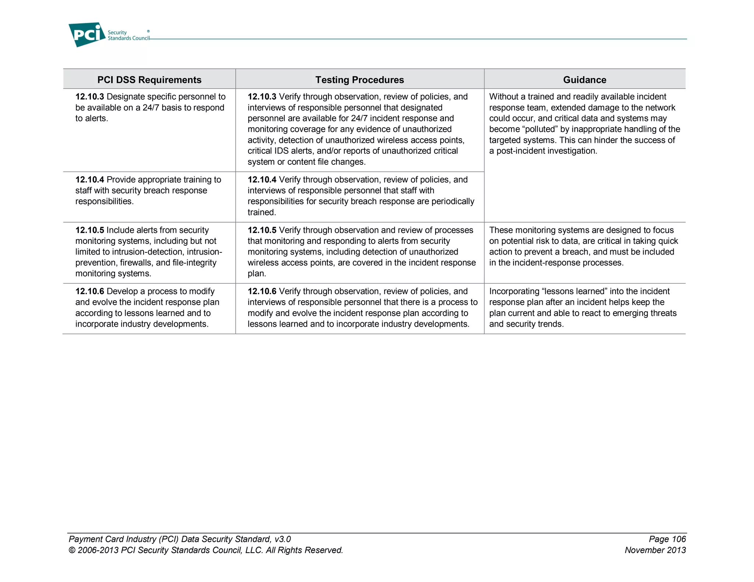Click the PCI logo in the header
[x=87, y=35]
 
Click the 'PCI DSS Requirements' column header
[x=149, y=80]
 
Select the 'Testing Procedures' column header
[x=359, y=80]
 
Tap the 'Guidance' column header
[x=584, y=80]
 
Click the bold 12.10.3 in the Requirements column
[x=89, y=97]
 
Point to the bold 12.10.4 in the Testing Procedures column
[x=262, y=180]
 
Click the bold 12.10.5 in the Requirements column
[x=89, y=230]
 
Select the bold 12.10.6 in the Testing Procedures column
[x=262, y=291]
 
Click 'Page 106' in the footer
[x=667, y=539]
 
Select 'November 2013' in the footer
[x=655, y=550]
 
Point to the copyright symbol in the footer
[x=72, y=550]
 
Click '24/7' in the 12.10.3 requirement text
[x=151, y=108]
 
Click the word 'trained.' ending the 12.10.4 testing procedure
[x=262, y=213]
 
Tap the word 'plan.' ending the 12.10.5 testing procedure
[x=257, y=274]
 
